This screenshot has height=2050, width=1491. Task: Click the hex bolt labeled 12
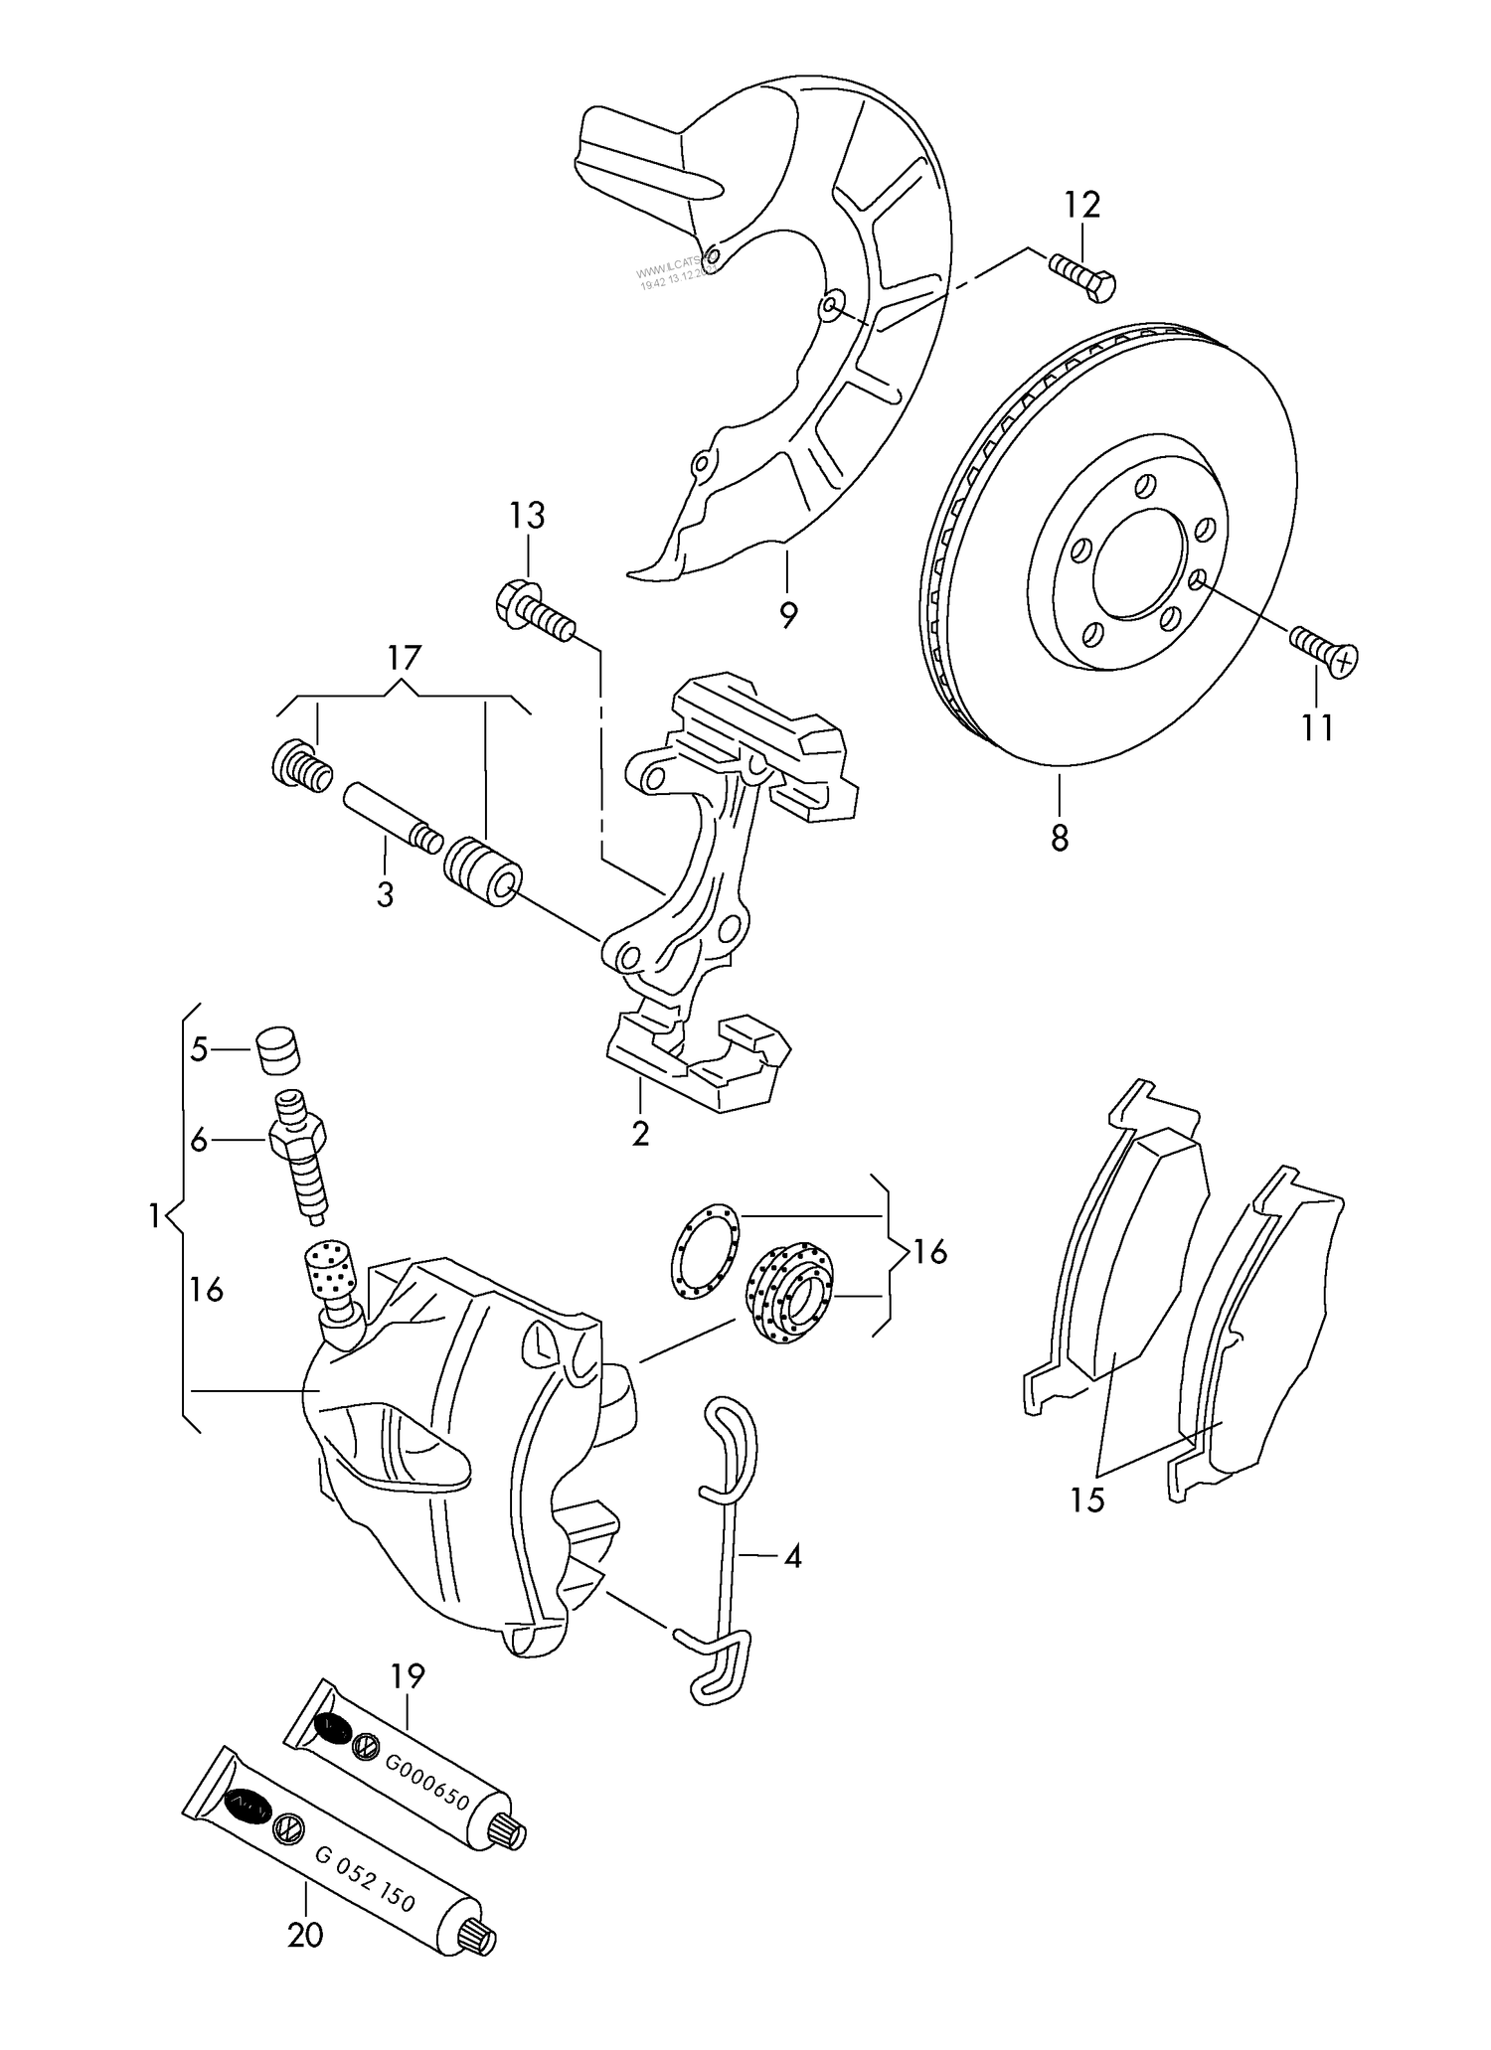(1083, 275)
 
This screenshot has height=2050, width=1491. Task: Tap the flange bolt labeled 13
(532, 612)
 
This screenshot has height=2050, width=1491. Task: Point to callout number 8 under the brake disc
(1060, 838)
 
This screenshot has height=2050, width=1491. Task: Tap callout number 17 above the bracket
(404, 658)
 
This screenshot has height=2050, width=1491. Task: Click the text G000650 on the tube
(426, 1796)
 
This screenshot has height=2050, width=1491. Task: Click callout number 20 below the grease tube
(305, 1964)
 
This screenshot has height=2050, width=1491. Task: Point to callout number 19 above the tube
(408, 1676)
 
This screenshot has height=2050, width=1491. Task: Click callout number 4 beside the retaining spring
(792, 1556)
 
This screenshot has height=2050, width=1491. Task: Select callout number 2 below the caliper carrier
(640, 1133)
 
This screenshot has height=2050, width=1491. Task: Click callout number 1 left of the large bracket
(155, 1215)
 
